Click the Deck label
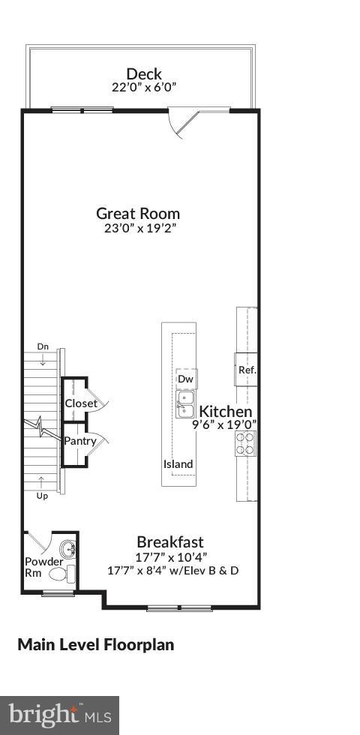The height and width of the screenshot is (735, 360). [144, 73]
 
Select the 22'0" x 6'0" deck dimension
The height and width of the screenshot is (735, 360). [144, 87]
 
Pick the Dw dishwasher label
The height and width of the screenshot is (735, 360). [185, 379]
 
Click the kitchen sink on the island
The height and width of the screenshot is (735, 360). [185, 404]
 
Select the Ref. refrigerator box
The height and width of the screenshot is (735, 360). [247, 369]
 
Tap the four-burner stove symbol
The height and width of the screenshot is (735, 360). [245, 445]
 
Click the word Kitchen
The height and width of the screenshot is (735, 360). [225, 411]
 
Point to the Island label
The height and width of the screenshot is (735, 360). [178, 464]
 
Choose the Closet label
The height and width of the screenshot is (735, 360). [81, 403]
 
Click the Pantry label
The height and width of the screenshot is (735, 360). [79, 441]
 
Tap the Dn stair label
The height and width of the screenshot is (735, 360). [43, 346]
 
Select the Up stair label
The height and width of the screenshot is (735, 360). [42, 496]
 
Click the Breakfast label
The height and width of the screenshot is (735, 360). [169, 541]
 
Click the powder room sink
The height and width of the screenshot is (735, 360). [68, 549]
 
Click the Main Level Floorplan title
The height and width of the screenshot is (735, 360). [95, 644]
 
